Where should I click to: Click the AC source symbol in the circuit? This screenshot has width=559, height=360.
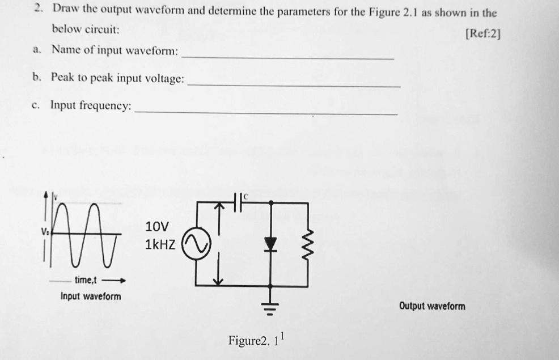point(196,244)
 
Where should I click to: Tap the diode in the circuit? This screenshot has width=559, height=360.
point(270,244)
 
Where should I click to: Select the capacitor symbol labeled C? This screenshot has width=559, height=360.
point(238,202)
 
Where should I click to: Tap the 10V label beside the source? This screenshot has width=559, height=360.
point(157,226)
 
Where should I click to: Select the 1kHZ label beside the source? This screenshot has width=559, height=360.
point(160,244)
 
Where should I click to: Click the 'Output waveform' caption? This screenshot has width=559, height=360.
point(432,306)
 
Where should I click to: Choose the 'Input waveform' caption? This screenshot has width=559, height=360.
point(91,296)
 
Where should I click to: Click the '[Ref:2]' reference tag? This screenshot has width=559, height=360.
point(483,34)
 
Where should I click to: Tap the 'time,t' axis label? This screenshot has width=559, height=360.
point(86,280)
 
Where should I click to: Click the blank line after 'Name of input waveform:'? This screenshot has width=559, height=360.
point(287,58)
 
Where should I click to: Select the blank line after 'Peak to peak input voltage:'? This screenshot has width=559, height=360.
point(294,86)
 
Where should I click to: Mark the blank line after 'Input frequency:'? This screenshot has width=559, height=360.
point(266,113)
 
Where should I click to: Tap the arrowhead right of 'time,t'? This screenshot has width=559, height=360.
point(122,281)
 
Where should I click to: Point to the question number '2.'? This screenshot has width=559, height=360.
point(39,8)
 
